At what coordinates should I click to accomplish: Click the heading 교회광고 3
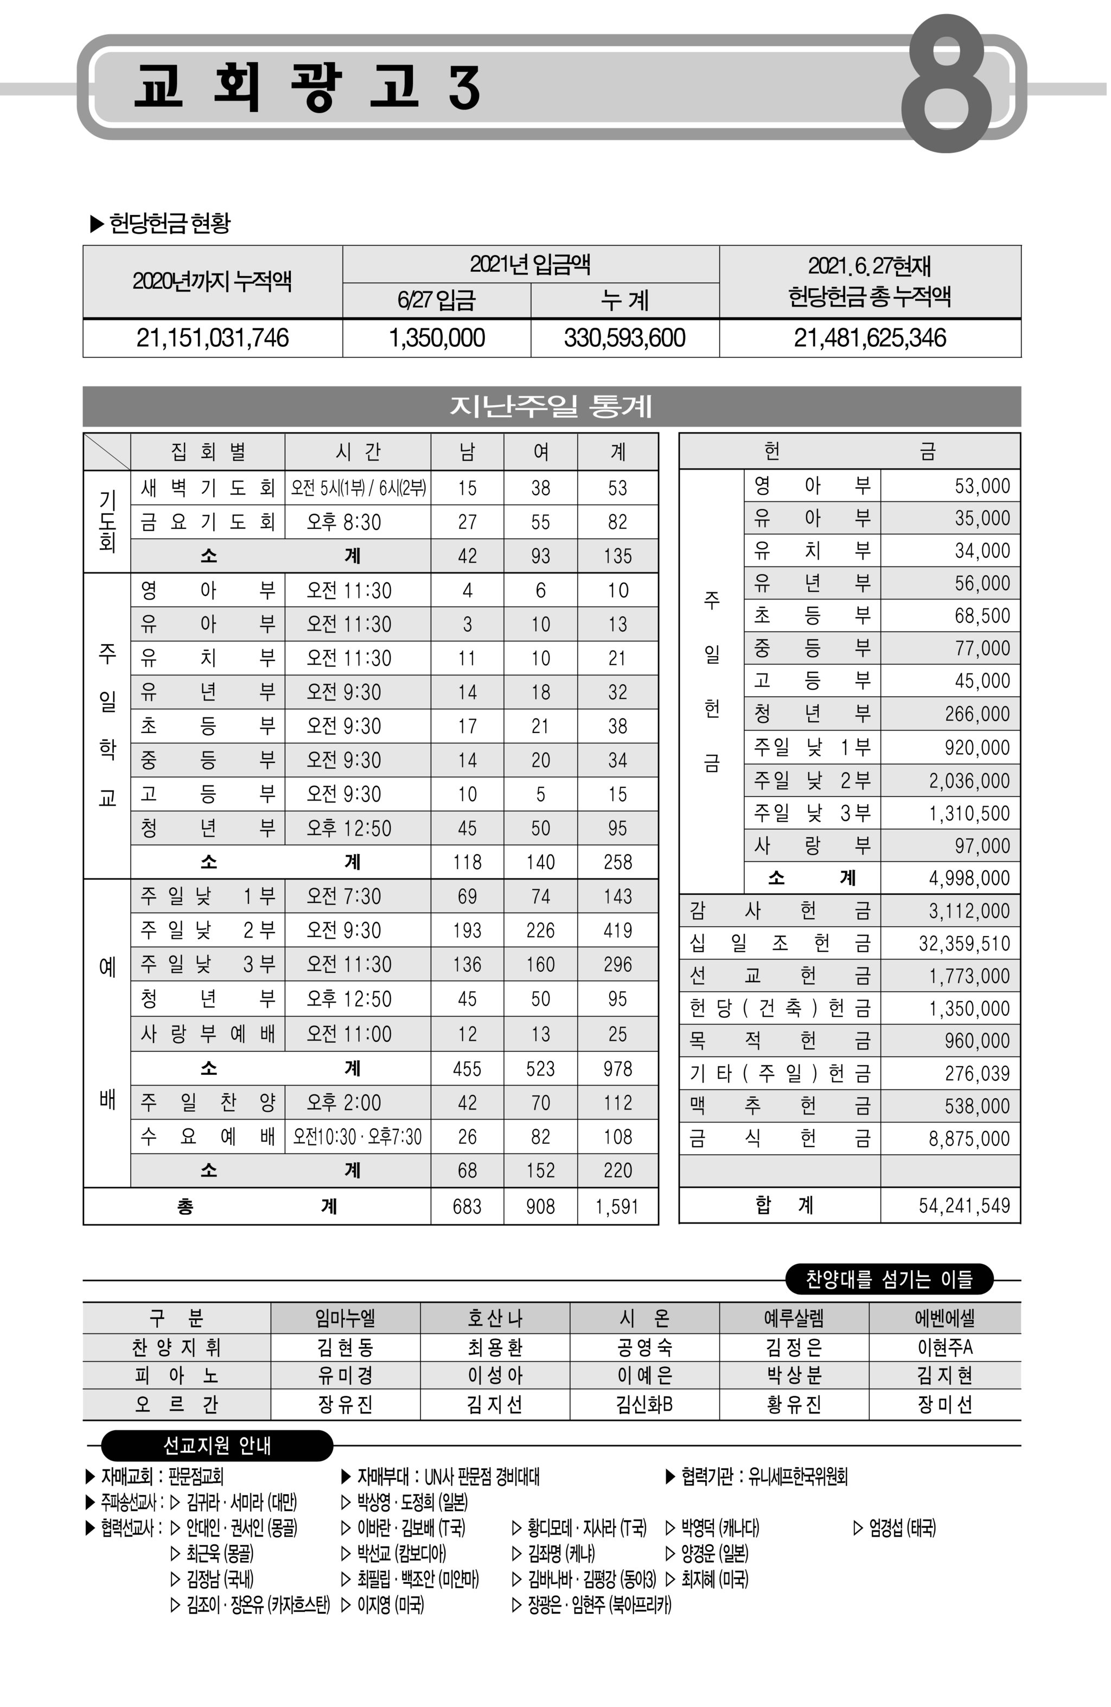(x=307, y=87)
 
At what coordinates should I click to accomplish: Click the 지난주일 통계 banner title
(x=551, y=406)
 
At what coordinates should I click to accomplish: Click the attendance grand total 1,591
(x=617, y=1206)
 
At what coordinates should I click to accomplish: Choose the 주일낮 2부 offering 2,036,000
(x=968, y=780)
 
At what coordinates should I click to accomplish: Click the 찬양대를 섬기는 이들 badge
(x=889, y=1279)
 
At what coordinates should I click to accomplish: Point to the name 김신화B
(x=644, y=1404)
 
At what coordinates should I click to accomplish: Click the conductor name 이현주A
(x=944, y=1347)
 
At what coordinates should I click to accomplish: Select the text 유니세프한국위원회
(x=797, y=1476)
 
